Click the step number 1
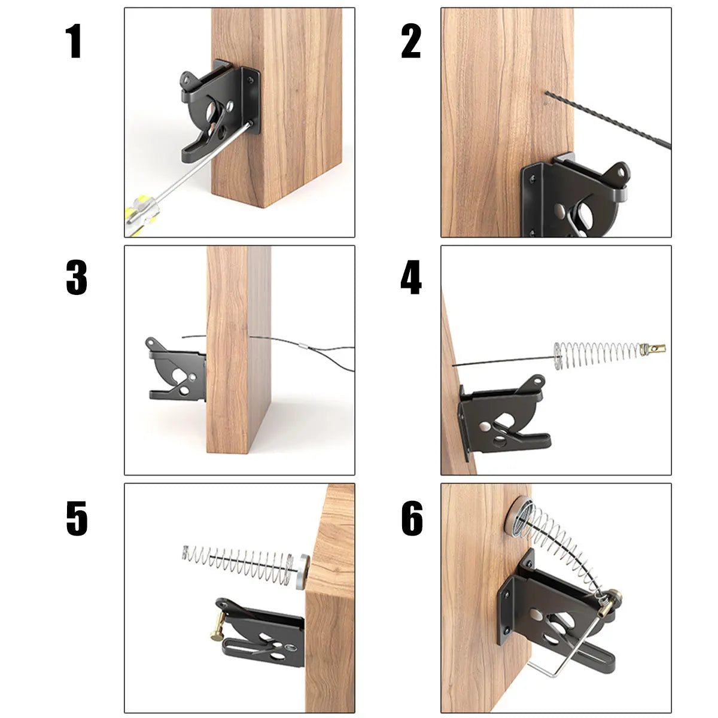pyautogui.click(x=74, y=42)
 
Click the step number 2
pyautogui.click(x=411, y=42)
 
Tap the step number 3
pyautogui.click(x=76, y=278)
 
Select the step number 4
pyautogui.click(x=411, y=278)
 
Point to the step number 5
pyautogui.click(x=77, y=518)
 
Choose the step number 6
pyautogui.click(x=412, y=518)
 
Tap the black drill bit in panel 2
pyautogui.click(x=610, y=120)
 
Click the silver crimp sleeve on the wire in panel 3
pyautogui.click(x=303, y=346)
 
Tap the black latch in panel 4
pyautogui.click(x=503, y=419)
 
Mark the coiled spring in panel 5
pyautogui.click(x=239, y=559)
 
